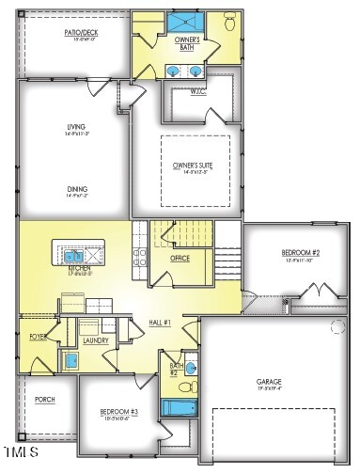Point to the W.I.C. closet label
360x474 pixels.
tap(196, 91)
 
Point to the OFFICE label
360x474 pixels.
tap(180, 258)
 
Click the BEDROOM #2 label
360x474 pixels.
tap(301, 253)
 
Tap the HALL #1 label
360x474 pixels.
tap(159, 323)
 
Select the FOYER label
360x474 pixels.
tap(38, 336)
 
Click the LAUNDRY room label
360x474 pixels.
tap(95, 340)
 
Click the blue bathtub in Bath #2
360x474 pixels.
tap(176, 407)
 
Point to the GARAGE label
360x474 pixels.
tap(269, 382)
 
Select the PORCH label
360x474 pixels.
tap(44, 399)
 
